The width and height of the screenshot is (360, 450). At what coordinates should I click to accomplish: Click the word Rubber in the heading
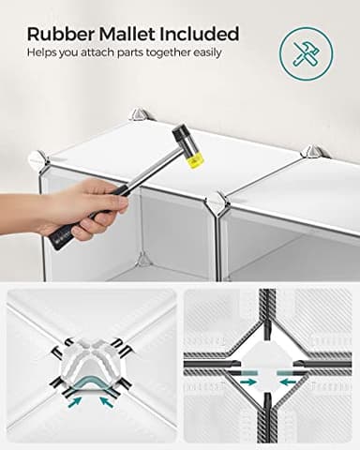[60, 35]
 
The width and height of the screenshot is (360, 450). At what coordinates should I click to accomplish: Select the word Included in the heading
[200, 34]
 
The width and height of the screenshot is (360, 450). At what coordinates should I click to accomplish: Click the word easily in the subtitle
[207, 52]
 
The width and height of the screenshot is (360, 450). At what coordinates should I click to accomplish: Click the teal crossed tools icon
[306, 53]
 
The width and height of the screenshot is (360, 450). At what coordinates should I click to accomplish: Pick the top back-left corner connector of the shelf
[140, 113]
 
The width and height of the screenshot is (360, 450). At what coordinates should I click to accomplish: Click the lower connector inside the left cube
[144, 260]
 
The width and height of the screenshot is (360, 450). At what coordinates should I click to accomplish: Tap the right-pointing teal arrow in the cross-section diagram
[247, 382]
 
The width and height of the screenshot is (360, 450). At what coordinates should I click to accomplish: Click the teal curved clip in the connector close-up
[91, 382]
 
